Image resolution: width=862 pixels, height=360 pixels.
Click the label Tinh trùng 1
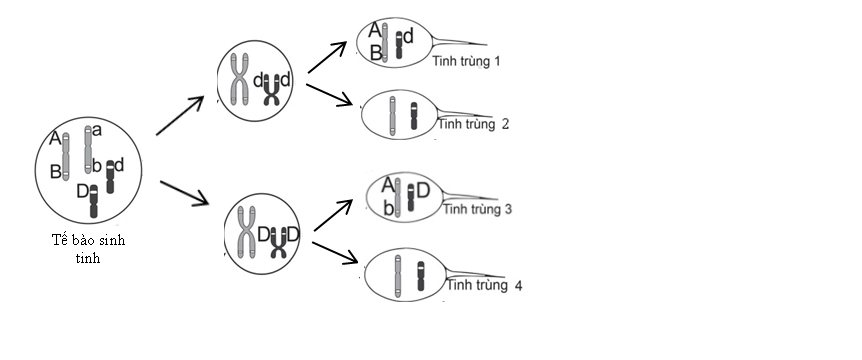[466, 61]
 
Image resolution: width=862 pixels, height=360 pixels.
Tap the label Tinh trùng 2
[473, 124]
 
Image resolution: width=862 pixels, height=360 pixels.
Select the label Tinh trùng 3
[477, 209]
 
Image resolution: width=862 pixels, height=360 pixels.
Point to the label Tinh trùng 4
[485, 286]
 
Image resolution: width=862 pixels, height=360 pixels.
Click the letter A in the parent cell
[54, 140]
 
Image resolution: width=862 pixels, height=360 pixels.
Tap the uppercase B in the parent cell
[56, 171]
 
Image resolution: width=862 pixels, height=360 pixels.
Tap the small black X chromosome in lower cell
[278, 240]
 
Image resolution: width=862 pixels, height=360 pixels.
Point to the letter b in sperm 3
[387, 208]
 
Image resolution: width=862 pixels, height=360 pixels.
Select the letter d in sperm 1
[408, 36]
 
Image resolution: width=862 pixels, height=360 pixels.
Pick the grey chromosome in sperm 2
[392, 115]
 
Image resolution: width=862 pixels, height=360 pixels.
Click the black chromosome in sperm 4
[420, 276]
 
